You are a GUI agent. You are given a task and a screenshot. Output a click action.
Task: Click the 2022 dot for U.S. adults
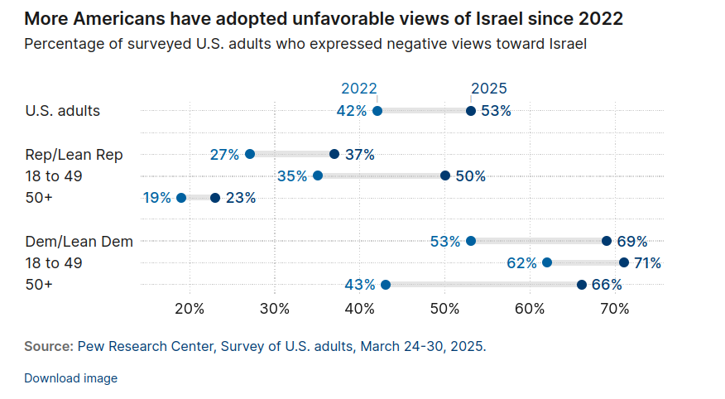point(377,111)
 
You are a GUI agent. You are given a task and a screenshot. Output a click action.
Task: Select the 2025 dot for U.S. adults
point(471,111)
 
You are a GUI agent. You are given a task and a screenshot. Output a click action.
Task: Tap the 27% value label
point(224,154)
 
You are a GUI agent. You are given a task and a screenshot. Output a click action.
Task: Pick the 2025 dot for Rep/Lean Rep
point(334,154)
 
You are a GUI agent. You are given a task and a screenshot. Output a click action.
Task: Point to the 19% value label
point(156,198)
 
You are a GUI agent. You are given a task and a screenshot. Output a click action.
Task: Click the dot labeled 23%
point(215,198)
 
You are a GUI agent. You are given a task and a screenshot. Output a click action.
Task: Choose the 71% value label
point(647,263)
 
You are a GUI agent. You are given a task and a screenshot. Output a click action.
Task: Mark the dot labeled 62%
point(547,262)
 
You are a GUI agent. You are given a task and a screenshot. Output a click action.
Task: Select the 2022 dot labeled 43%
point(386,285)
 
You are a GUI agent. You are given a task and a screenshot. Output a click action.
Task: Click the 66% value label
point(605,285)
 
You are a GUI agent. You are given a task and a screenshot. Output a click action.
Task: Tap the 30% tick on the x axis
point(275,310)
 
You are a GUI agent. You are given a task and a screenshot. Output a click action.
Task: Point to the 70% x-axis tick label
point(614,310)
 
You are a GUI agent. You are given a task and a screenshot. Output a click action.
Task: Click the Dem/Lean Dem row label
point(79,241)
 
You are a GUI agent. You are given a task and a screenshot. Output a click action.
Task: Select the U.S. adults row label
point(63,111)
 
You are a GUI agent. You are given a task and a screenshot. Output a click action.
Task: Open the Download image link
point(71,378)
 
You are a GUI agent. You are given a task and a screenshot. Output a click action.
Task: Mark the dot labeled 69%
point(607,241)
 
